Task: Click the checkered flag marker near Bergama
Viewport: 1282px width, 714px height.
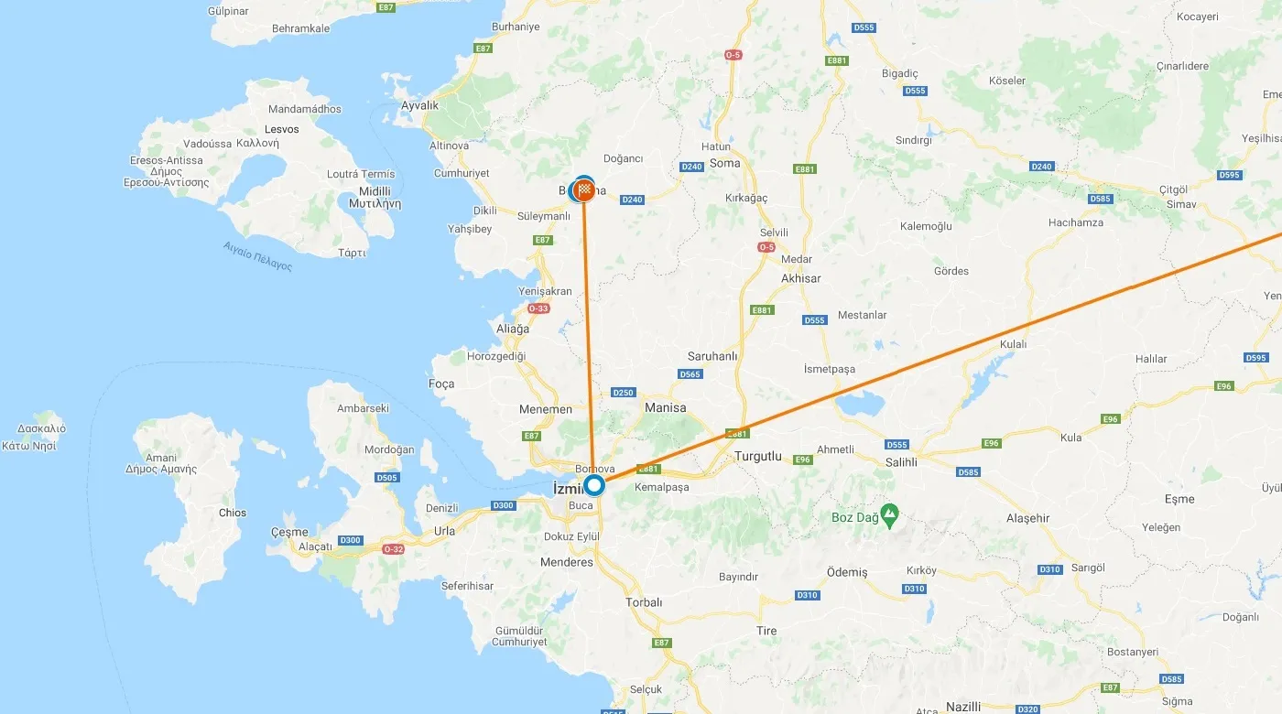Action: (x=583, y=191)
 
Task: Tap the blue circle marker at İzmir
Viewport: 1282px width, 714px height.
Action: (x=594, y=485)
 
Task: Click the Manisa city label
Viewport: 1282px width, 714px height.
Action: (x=665, y=407)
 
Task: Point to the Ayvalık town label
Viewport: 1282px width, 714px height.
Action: (x=420, y=105)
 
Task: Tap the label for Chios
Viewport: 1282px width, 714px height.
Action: (x=233, y=513)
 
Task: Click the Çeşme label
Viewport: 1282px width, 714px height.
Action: (x=290, y=532)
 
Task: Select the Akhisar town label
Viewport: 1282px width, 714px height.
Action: (x=800, y=278)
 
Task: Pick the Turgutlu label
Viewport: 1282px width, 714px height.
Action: (x=758, y=455)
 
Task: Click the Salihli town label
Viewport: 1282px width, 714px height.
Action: (x=901, y=462)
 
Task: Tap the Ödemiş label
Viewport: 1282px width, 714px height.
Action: (x=846, y=572)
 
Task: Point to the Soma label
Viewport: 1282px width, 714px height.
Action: (x=725, y=163)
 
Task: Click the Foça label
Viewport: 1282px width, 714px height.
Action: (x=441, y=384)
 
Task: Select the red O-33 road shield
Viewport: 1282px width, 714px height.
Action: (x=538, y=308)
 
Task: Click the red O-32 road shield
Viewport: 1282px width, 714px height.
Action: (x=393, y=549)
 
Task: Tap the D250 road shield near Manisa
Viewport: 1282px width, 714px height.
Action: (x=623, y=393)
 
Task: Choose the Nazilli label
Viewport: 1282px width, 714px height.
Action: (x=962, y=707)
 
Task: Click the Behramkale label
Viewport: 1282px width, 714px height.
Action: (x=300, y=28)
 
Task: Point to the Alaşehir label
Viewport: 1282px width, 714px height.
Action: (x=1027, y=518)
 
